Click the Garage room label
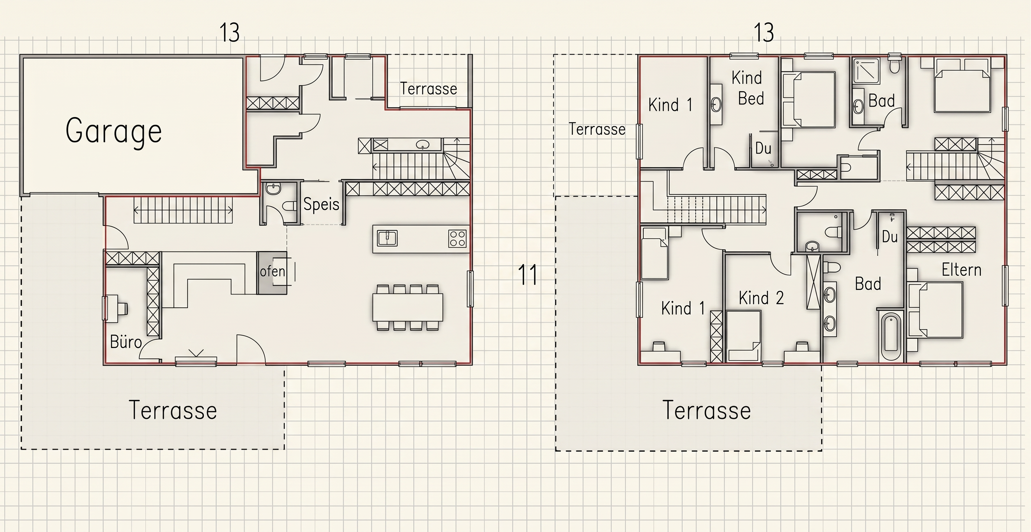[114, 130]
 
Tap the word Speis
[321, 204]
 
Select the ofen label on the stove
[272, 271]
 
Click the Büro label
[126, 342]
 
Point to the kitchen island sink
[387, 238]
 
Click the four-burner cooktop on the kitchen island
[457, 238]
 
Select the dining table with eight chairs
[407, 308]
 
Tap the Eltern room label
[961, 270]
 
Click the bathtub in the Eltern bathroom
[891, 336]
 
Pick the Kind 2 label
[761, 298]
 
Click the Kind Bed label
[748, 88]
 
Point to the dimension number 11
[527, 275]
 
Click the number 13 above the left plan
[230, 33]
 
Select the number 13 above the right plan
[764, 33]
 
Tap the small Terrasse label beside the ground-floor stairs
[428, 89]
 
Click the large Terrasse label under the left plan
[173, 410]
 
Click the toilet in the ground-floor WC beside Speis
[289, 206]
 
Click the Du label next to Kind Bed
[763, 149]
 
